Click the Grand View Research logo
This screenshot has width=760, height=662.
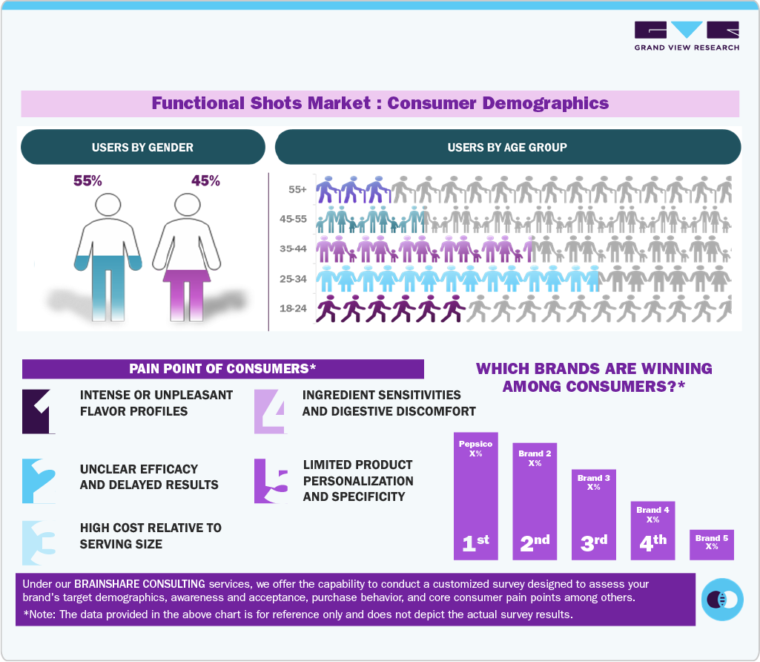(x=686, y=36)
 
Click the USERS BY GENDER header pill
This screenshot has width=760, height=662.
(x=142, y=147)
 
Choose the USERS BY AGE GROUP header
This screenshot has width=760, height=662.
(x=507, y=147)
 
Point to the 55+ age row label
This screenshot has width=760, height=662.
(x=298, y=190)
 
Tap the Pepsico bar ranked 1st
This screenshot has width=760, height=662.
(x=475, y=496)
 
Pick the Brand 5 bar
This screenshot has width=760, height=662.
(x=711, y=544)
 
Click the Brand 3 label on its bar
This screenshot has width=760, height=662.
(x=593, y=479)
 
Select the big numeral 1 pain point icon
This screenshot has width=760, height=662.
(x=39, y=411)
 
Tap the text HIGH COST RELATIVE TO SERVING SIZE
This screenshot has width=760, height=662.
(x=151, y=536)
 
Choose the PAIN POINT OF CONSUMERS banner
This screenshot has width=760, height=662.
(x=222, y=369)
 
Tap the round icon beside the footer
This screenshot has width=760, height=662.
(x=721, y=599)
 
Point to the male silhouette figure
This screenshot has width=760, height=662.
(x=108, y=256)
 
